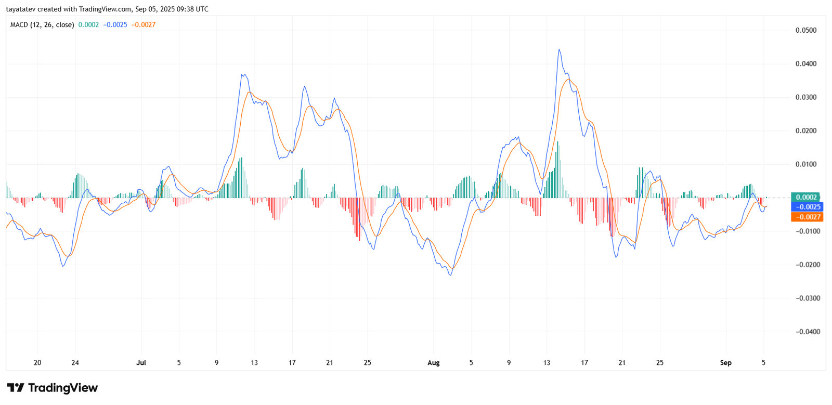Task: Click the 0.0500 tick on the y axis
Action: coord(805,30)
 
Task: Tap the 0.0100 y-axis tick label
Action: coord(805,164)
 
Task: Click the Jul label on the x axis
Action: coord(141,363)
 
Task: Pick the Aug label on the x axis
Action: coord(433,363)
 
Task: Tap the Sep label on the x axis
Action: coord(725,363)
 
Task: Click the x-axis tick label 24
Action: coord(75,363)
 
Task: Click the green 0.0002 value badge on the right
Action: coord(806,197)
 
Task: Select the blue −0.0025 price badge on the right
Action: coord(807,207)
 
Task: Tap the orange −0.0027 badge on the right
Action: coord(807,217)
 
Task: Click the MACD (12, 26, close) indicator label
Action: coord(42,24)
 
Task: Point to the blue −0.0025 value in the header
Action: coord(115,24)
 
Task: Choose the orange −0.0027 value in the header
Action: coord(144,24)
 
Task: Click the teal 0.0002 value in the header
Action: coord(88,24)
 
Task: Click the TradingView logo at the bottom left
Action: coord(52,388)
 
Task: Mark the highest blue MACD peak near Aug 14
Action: coord(559,50)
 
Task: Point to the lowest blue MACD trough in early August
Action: coord(450,275)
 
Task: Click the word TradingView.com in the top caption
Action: coord(105,9)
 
